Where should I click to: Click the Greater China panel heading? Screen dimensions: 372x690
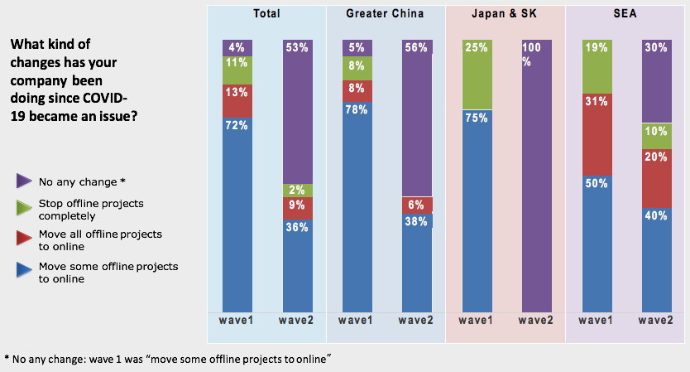(x=385, y=14)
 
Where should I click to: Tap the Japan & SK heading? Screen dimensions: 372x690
(x=506, y=14)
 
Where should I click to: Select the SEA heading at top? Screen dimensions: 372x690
(x=625, y=14)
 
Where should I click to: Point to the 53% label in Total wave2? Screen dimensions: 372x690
(x=297, y=47)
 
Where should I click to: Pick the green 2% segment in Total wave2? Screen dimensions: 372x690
(x=297, y=191)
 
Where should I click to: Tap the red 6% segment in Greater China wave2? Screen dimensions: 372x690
(x=416, y=205)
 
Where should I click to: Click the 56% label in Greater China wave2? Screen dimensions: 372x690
(x=416, y=47)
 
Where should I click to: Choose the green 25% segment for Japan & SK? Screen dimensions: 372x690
(x=477, y=75)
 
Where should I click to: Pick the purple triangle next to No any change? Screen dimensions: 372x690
(x=24, y=181)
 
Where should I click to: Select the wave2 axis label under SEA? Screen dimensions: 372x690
(x=656, y=320)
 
